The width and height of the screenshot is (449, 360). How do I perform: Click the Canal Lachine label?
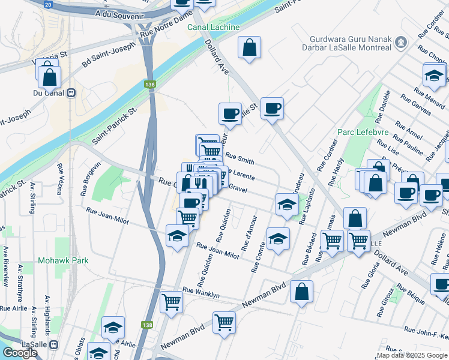point(213,28)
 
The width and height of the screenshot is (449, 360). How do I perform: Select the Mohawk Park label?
point(63,260)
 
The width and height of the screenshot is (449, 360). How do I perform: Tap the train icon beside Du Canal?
point(71,93)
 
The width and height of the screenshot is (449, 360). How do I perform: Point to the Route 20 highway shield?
point(48,4)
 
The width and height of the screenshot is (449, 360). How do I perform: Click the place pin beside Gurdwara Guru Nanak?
point(402,42)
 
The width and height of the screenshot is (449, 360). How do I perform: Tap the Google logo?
point(20,352)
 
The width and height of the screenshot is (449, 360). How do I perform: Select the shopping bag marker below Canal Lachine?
point(249,48)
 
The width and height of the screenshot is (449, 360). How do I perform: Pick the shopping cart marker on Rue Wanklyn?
point(171,302)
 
